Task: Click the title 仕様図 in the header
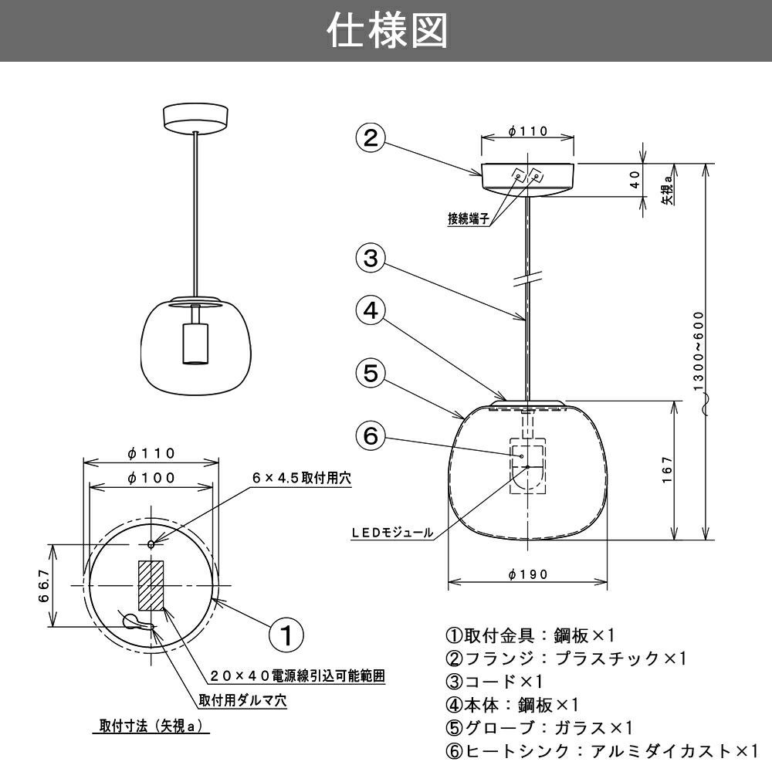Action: (386, 31)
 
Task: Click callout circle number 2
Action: (371, 138)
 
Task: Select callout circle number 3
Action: (371, 258)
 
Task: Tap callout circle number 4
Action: (371, 311)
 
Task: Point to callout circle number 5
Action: (371, 374)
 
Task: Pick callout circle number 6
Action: (371, 436)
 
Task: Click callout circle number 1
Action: (286, 635)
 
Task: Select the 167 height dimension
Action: (669, 471)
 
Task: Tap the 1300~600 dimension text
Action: (699, 351)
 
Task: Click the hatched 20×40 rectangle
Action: (151, 585)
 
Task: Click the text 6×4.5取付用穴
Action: (301, 479)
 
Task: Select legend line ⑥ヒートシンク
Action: (602, 750)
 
